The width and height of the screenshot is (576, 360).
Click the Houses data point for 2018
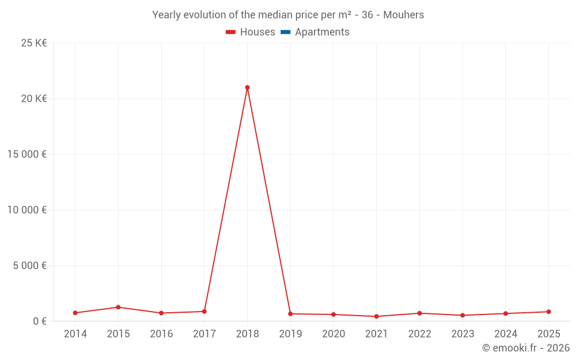(x=247, y=88)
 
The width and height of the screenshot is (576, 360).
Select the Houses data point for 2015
(x=118, y=307)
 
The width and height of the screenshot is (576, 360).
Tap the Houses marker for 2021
(x=377, y=316)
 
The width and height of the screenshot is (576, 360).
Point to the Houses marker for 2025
(x=549, y=312)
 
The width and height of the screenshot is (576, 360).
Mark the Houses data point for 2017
(x=204, y=312)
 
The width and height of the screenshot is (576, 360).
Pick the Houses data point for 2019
(x=290, y=314)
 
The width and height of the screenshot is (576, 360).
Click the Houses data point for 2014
(x=75, y=313)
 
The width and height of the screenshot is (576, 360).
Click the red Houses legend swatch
(x=231, y=32)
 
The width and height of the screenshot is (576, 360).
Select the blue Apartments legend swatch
(x=286, y=32)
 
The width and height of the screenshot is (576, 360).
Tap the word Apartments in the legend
(x=322, y=32)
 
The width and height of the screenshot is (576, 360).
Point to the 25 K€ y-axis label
(x=34, y=43)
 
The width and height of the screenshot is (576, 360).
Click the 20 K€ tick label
(x=34, y=99)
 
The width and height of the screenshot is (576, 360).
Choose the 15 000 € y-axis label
(x=27, y=154)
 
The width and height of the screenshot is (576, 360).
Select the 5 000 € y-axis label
(x=30, y=266)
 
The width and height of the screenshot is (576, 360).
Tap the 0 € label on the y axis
(x=40, y=321)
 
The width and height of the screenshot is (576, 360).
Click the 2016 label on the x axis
(x=161, y=334)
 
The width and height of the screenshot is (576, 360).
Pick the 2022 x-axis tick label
(x=419, y=334)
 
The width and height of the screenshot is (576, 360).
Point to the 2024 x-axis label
(x=506, y=334)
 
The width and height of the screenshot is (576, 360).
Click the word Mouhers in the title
(x=403, y=15)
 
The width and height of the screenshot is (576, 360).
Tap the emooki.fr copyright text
(x=526, y=348)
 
